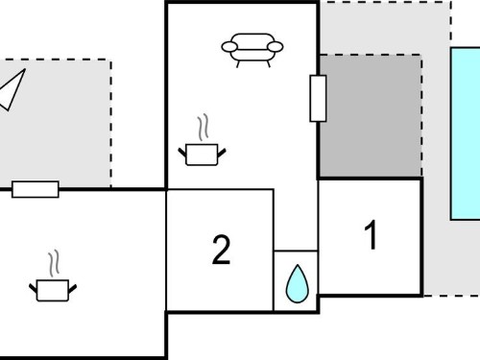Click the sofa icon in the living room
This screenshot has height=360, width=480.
[252, 50]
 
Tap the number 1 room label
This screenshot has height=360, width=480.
[372, 235]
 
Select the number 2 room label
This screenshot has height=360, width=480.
[221, 250]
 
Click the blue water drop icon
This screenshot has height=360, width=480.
[298, 283]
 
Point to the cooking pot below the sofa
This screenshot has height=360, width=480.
[202, 155]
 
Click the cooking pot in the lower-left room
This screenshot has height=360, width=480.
[53, 290]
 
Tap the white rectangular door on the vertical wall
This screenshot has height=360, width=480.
[318, 98]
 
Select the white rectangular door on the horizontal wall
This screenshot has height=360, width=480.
[36, 189]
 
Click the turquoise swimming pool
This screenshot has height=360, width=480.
[466, 133]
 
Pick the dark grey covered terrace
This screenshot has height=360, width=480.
[371, 116]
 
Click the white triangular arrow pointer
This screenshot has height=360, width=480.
[12, 90]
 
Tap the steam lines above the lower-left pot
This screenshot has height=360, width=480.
[54, 263]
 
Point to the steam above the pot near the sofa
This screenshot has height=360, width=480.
[203, 127]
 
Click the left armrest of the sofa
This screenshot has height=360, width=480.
[229, 47]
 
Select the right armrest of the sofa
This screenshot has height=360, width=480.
[276, 47]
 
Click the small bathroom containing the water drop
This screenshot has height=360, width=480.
[296, 280]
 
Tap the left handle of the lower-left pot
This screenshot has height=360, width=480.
[33, 288]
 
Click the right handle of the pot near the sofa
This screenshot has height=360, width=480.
[222, 153]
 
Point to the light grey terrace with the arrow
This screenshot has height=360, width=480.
[56, 123]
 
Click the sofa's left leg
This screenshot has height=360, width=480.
[238, 64]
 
